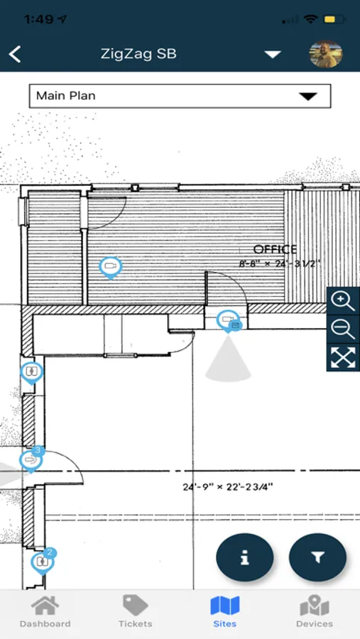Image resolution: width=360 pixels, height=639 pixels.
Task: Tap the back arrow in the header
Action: pos(15,54)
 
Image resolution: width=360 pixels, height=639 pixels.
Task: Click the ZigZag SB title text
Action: pos(138,54)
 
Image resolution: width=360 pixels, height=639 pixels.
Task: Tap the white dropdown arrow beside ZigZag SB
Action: pos(273,54)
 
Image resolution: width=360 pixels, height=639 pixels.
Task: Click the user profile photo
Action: pos(326,54)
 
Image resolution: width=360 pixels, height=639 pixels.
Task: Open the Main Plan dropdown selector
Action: pos(180,96)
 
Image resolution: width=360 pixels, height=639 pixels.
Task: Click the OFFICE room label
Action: pos(275,249)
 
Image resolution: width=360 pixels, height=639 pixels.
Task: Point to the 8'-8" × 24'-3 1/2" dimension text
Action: pos(280,263)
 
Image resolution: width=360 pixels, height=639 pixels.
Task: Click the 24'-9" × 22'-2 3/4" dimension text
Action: pos(228,486)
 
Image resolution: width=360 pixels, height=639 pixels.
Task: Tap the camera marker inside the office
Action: pos(111,267)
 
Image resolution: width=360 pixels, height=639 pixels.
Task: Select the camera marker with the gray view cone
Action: pos(229,320)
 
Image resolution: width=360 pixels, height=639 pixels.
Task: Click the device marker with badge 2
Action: pos(43,562)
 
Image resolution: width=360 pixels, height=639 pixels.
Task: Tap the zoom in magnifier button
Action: pos(343,301)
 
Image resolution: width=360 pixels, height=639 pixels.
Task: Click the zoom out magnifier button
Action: pos(343,329)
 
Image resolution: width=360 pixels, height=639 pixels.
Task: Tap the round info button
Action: pos(245,557)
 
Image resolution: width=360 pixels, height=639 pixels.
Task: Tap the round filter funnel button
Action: pos(317,557)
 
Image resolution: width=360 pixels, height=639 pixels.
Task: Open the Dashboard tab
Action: pos(45,611)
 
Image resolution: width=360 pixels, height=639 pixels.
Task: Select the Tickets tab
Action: pos(136,611)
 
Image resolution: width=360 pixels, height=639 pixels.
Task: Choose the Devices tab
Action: pos(315,611)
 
